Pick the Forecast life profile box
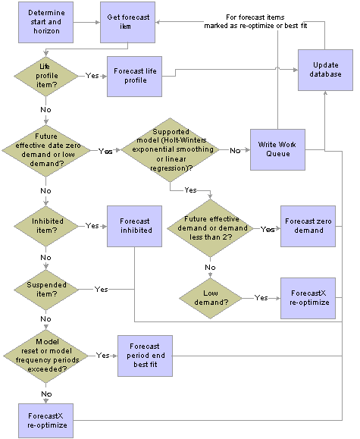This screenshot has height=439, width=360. (x=136, y=77)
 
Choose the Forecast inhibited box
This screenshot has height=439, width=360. (x=134, y=227)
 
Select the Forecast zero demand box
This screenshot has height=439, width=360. (x=308, y=226)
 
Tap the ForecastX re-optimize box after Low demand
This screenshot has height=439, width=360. (x=308, y=296)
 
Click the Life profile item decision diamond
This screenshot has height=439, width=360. (x=46, y=77)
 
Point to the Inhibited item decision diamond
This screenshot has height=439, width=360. (x=46, y=226)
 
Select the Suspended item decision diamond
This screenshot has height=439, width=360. (x=46, y=289)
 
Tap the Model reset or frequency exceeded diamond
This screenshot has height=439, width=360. (x=46, y=355)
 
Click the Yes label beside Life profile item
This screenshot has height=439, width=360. (x=92, y=77)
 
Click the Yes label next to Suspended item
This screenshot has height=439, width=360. (x=101, y=289)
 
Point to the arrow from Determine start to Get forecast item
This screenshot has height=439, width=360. (x=86, y=21)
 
